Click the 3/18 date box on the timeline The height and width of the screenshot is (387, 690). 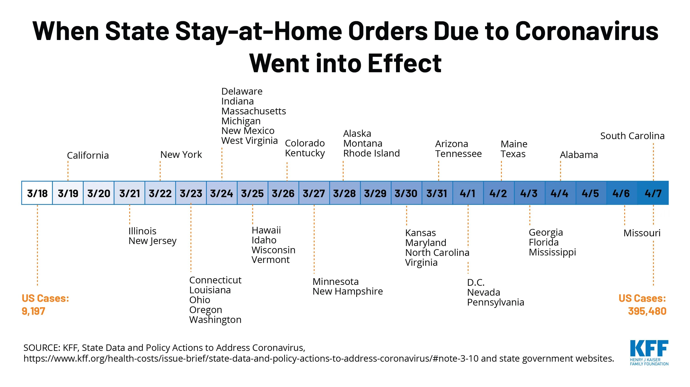tap(37, 193)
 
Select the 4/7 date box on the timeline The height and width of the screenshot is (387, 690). tap(653, 193)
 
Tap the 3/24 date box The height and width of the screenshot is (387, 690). tap(221, 193)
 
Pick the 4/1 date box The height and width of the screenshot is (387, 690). tap(468, 193)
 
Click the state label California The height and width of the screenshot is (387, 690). tap(88, 155)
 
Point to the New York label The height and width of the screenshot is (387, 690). tap(181, 155)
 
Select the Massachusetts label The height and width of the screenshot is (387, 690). tap(254, 111)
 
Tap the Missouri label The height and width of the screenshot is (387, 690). tap(642, 233)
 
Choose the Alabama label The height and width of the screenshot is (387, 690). tap(579, 155)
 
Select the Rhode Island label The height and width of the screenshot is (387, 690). tap(371, 153)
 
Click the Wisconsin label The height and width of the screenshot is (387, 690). tap(273, 250)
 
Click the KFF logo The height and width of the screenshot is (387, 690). tap(649, 353)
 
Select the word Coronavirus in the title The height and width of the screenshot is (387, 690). tap(586, 31)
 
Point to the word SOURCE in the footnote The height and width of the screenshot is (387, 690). tap(42, 348)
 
